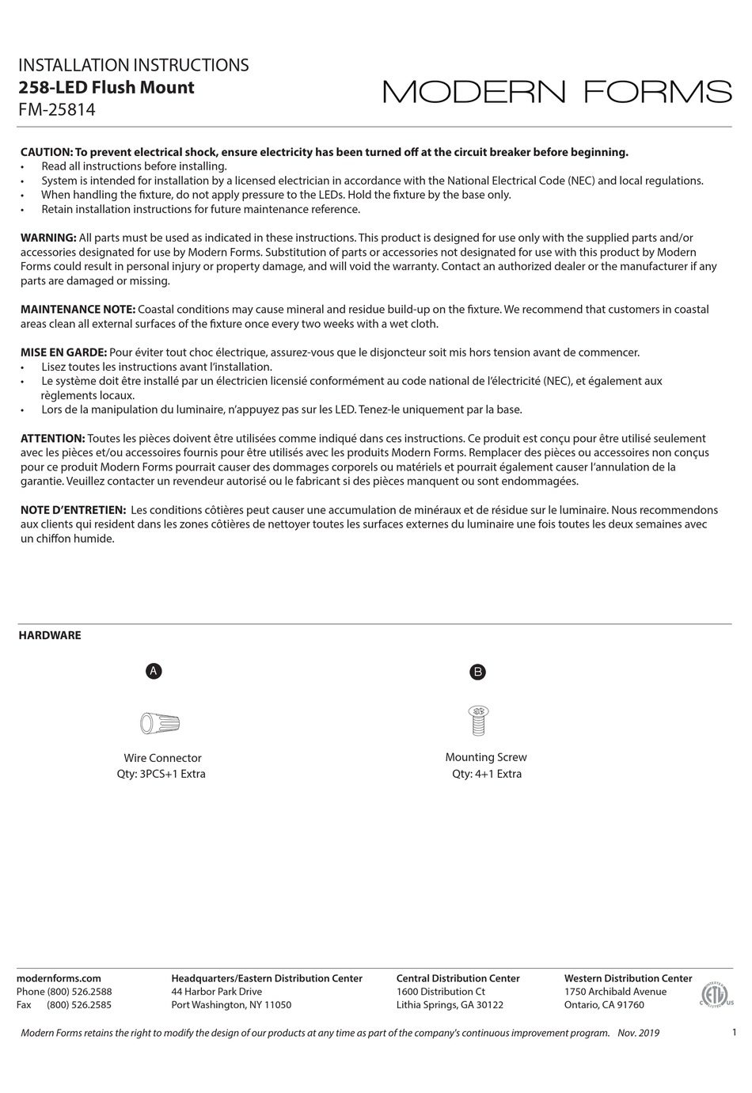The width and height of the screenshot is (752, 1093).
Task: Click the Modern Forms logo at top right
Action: tap(557, 92)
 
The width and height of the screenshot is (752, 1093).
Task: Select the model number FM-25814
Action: tap(56, 110)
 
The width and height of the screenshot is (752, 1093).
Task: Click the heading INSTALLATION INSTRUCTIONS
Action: tap(133, 65)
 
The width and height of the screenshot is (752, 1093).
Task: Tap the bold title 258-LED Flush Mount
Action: tap(106, 87)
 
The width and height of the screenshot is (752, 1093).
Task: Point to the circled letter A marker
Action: tap(154, 671)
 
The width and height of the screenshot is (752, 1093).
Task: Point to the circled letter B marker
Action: tap(477, 672)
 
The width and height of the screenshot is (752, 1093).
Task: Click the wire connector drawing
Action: tap(160, 722)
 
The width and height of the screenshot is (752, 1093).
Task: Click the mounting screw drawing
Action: tap(478, 720)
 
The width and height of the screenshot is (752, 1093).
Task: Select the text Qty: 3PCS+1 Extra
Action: tap(161, 774)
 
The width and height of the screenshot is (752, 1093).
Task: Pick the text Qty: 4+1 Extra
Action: tap(487, 774)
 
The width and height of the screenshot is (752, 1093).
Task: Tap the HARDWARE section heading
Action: tap(50, 635)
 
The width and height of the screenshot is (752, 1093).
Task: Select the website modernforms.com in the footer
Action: tap(59, 978)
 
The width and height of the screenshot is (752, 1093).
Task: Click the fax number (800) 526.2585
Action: tap(79, 1005)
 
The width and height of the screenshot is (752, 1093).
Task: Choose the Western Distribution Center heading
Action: tap(628, 978)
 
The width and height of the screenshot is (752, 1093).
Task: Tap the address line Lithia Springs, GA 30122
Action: tap(450, 1005)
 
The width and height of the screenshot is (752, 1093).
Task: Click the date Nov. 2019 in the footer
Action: tap(638, 1033)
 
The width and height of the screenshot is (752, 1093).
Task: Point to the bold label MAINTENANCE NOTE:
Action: tap(78, 309)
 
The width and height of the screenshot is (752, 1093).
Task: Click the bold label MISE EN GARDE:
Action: tap(63, 352)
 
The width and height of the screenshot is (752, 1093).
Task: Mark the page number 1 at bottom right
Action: tap(735, 1032)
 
